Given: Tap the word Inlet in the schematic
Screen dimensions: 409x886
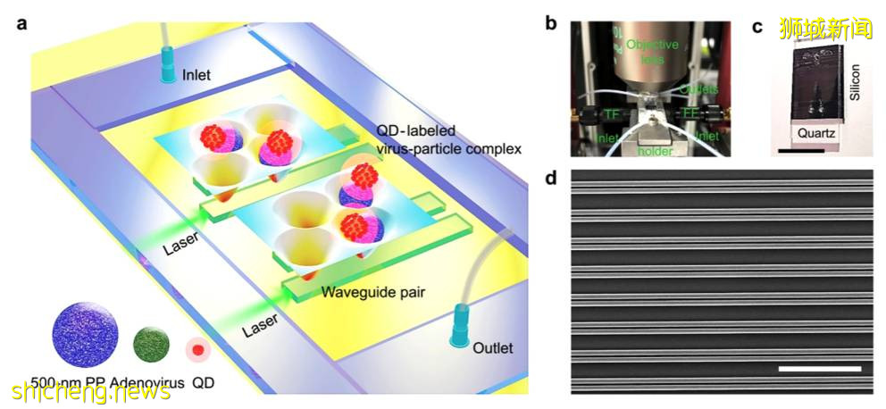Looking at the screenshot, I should tap(196, 75).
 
